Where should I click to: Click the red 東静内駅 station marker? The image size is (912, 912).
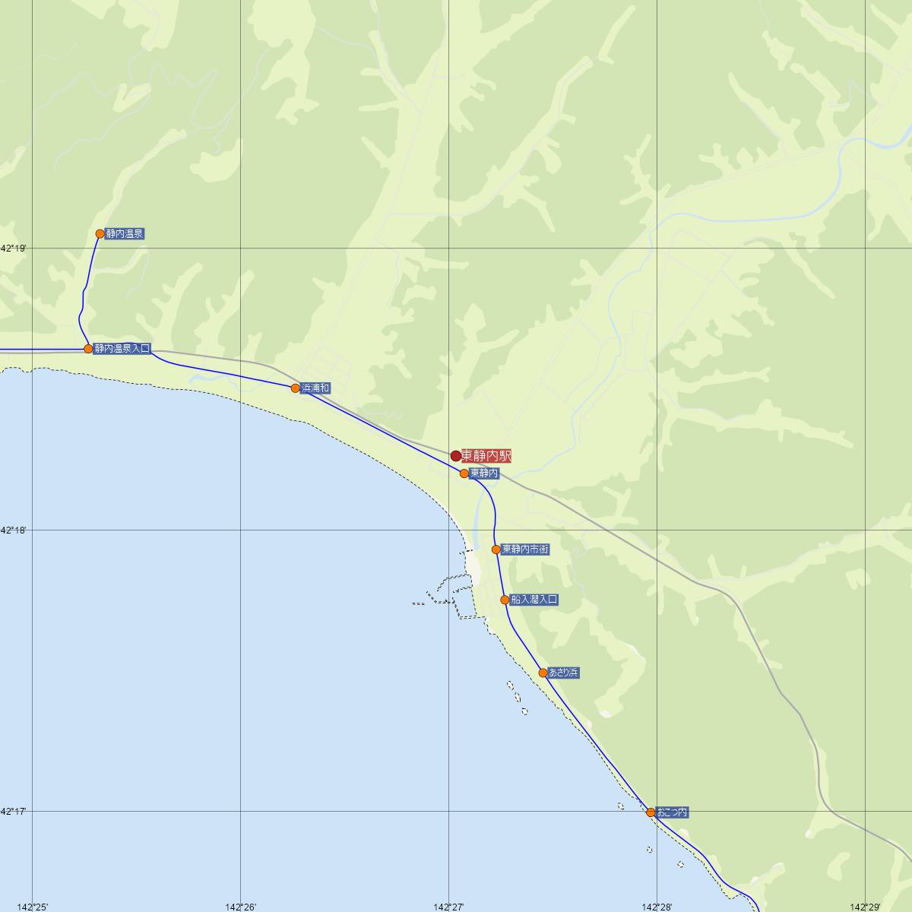tap(455, 456)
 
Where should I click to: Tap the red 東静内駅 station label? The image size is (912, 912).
tap(486, 456)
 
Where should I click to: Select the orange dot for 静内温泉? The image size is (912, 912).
tap(100, 233)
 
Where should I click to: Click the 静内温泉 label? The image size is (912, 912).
tap(125, 234)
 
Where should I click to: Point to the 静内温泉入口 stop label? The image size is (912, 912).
tap(122, 349)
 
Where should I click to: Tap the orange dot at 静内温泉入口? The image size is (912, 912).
tap(88, 349)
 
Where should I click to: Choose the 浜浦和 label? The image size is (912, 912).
tap(315, 388)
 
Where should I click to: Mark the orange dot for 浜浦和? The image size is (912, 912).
tap(296, 388)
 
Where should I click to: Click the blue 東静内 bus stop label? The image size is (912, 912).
tap(484, 473)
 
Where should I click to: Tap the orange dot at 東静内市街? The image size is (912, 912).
tap(496, 549)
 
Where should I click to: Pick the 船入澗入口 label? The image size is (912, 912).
tap(534, 600)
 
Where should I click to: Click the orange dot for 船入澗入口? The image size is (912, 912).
tap(505, 600)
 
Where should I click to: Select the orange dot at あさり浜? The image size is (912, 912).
tap(543, 673)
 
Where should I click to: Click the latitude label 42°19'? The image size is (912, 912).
tap(13, 249)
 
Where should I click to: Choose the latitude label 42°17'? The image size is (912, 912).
tap(13, 812)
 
